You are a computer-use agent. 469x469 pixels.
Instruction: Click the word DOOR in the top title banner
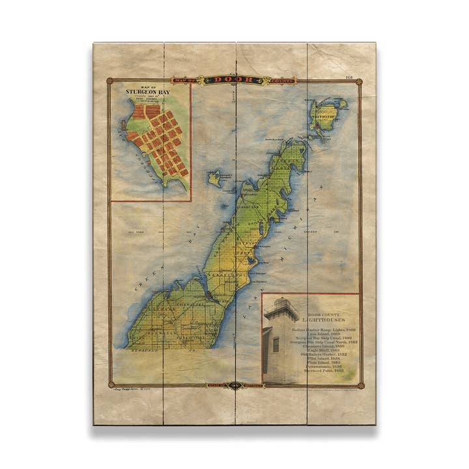coord(234,79)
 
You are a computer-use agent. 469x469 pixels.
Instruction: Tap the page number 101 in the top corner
coord(349,78)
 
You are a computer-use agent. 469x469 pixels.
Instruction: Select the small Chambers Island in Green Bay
coord(214,178)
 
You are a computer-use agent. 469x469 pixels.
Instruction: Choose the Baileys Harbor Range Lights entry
coord(324,330)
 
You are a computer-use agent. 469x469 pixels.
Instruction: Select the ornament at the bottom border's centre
coord(234,386)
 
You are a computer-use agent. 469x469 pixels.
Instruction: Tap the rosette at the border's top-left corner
coord(109,81)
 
